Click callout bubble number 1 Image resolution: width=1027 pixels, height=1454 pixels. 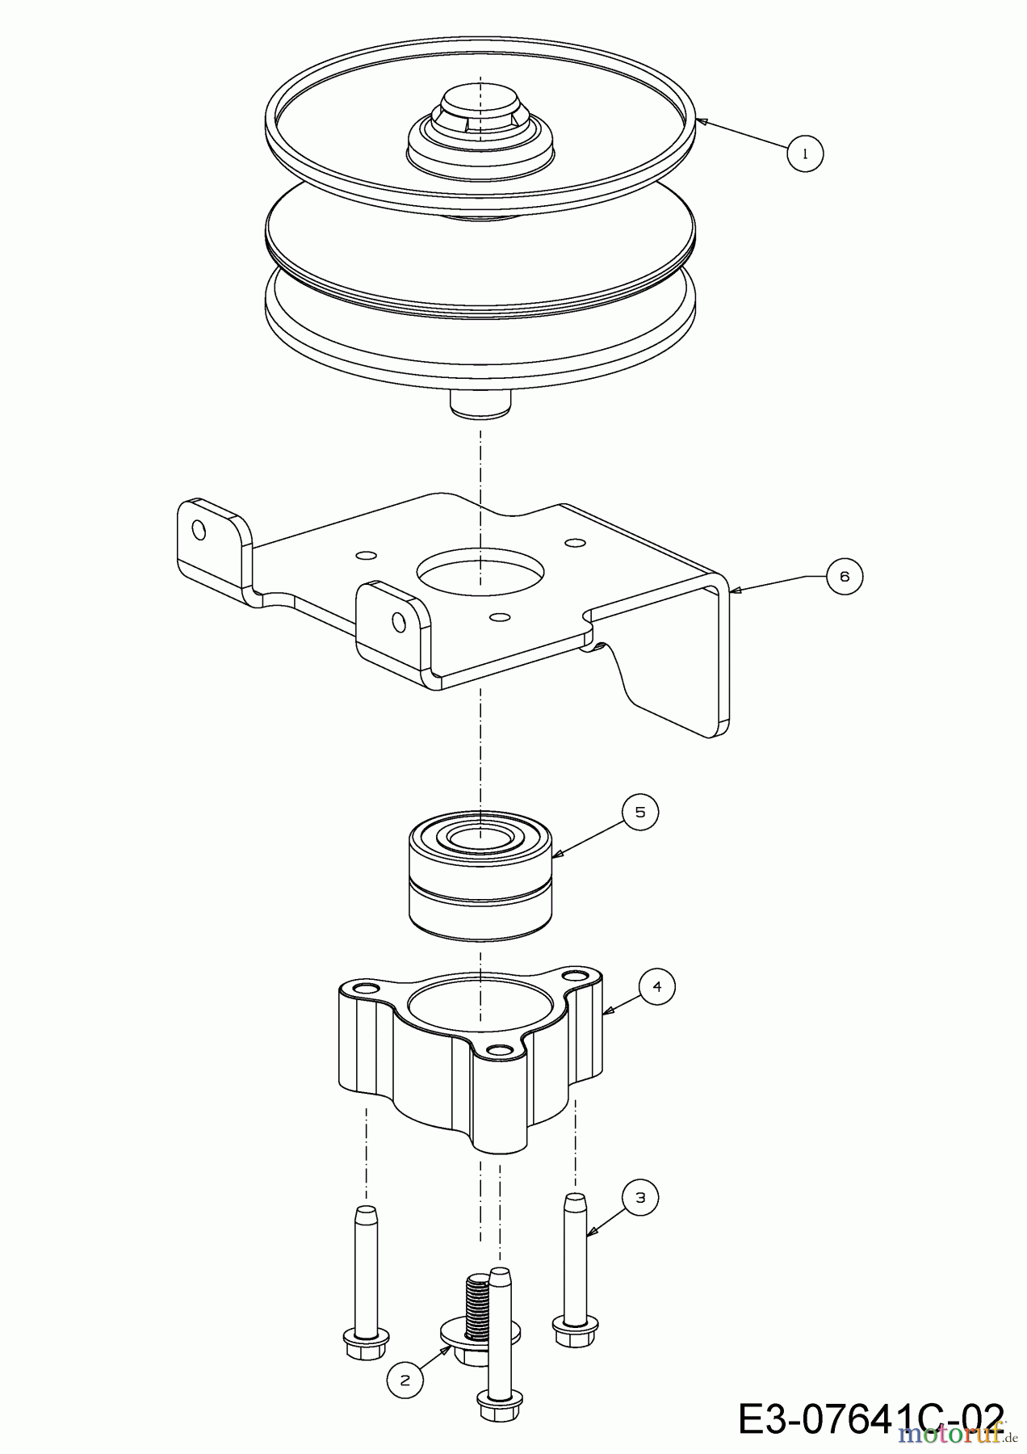pyautogui.click(x=805, y=153)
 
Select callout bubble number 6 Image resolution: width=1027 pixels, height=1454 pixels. pyautogui.click(x=845, y=576)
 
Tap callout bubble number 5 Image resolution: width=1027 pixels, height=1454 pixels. pyautogui.click(x=640, y=812)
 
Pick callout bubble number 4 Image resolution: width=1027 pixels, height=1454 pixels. pyautogui.click(x=656, y=986)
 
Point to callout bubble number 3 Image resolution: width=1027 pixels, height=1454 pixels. pyautogui.click(x=640, y=1197)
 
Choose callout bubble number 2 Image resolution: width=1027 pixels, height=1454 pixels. pyautogui.click(x=405, y=1380)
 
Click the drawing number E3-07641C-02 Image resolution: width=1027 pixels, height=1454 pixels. pyautogui.click(x=870, y=1419)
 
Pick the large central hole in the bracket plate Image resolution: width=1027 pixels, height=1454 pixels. pyautogui.click(x=480, y=571)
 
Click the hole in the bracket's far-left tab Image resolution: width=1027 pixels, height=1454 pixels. pyautogui.click(x=199, y=531)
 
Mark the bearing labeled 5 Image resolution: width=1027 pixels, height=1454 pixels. pyautogui.click(x=480, y=876)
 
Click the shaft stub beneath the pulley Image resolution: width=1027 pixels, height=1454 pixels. pyautogui.click(x=480, y=404)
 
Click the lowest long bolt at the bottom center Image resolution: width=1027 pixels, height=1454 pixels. pyautogui.click(x=499, y=1357)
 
